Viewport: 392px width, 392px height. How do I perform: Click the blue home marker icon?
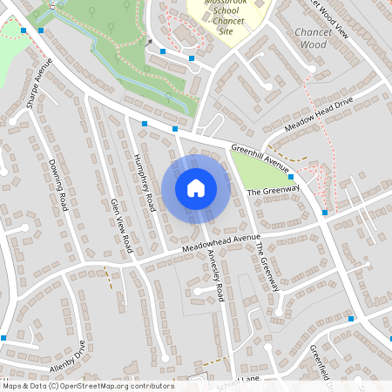click(195, 188)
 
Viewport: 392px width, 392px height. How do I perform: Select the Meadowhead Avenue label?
click(221, 242)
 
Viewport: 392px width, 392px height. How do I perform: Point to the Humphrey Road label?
click(145, 179)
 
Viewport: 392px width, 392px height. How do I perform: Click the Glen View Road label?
click(120, 225)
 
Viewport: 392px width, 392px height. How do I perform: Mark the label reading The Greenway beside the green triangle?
click(274, 190)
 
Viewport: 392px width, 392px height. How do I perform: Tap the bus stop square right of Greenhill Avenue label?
click(290, 176)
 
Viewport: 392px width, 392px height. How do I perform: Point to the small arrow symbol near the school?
click(149, 41)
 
